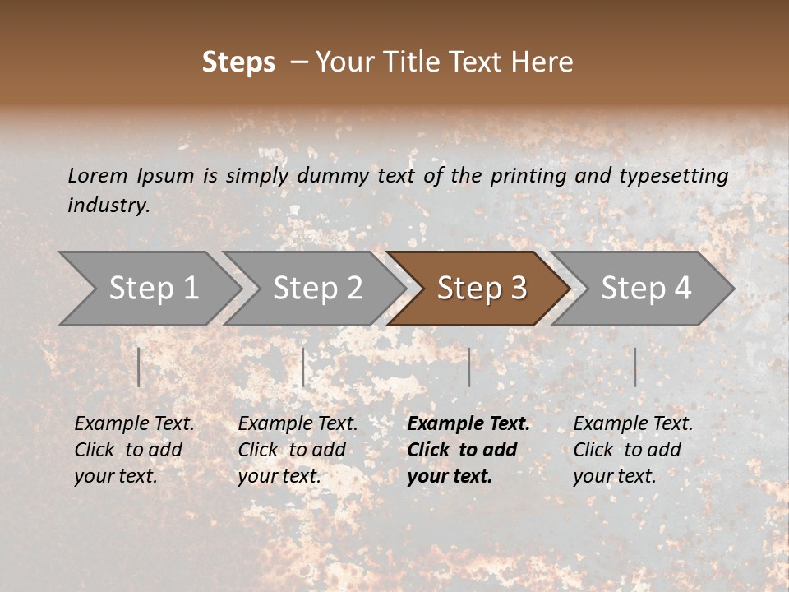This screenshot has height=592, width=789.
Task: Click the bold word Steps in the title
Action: (238, 62)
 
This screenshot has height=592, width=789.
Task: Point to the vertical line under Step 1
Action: (139, 367)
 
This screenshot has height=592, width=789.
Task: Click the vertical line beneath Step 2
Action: (303, 367)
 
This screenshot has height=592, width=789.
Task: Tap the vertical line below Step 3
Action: (468, 367)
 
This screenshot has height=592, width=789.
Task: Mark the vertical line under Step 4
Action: (634, 367)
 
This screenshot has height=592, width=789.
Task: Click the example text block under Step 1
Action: (134, 450)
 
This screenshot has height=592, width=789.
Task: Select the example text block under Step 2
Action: (298, 450)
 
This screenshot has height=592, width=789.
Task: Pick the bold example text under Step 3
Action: (468, 450)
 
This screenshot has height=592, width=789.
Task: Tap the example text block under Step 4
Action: (633, 450)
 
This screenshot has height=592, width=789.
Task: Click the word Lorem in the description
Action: (98, 175)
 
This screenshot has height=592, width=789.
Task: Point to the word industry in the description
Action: (108, 206)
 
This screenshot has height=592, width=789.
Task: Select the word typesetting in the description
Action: (673, 176)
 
